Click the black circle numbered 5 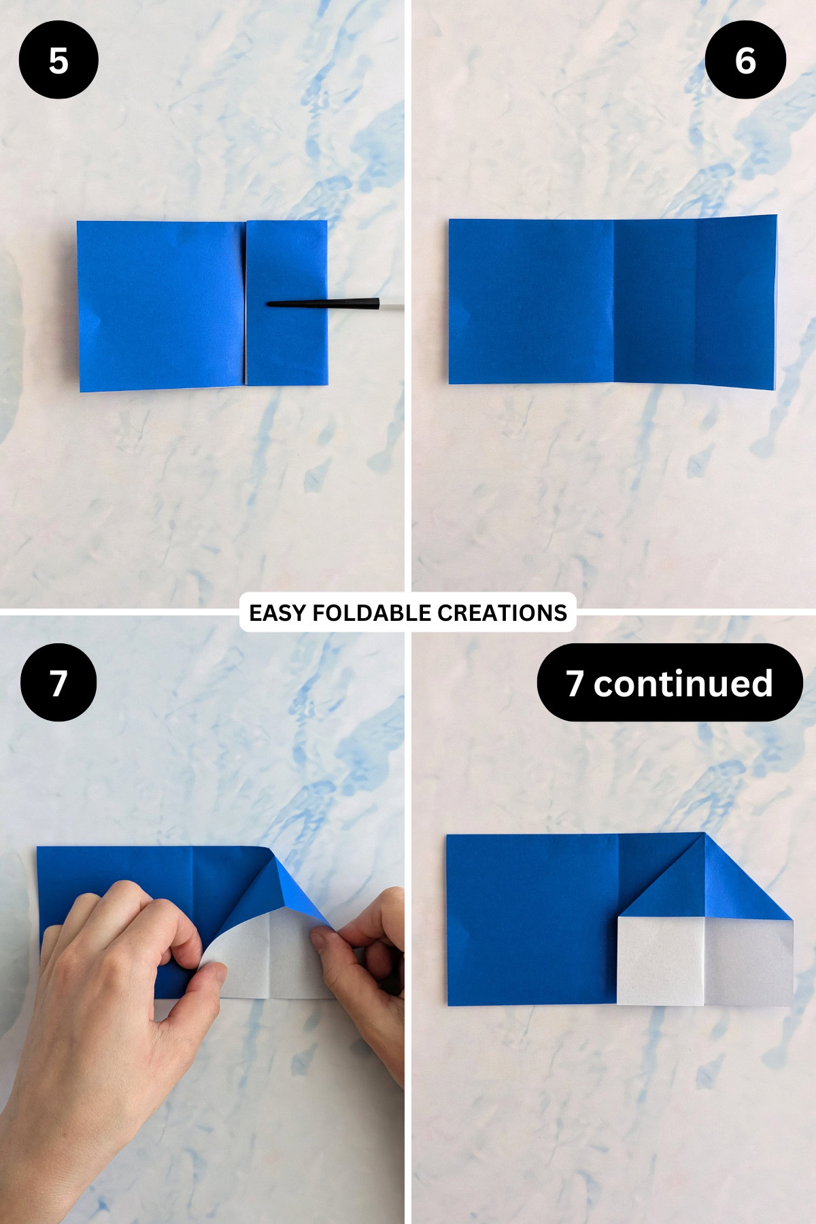coord(58,60)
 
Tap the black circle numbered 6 coord(745,60)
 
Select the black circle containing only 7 coord(58,682)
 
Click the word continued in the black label coord(683,683)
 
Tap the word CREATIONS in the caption coord(502,613)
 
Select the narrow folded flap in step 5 coord(286,340)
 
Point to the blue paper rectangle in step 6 coord(612,302)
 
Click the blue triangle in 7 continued coord(707,891)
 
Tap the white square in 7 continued coord(660,960)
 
